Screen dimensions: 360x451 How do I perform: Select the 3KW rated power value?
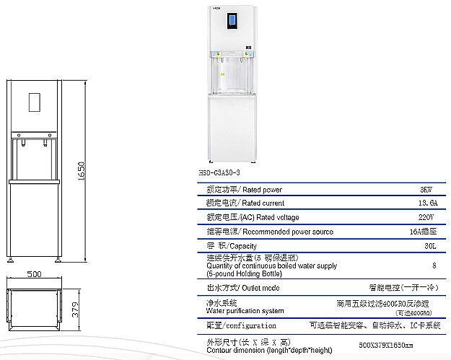[427, 190]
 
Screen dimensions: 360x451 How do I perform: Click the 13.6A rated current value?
[428, 203]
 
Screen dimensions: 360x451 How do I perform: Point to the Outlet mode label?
[260, 288]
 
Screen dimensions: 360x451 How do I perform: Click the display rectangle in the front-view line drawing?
[34, 102]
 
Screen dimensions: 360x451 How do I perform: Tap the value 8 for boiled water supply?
[434, 265]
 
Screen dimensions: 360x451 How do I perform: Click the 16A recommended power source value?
[423, 232]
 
